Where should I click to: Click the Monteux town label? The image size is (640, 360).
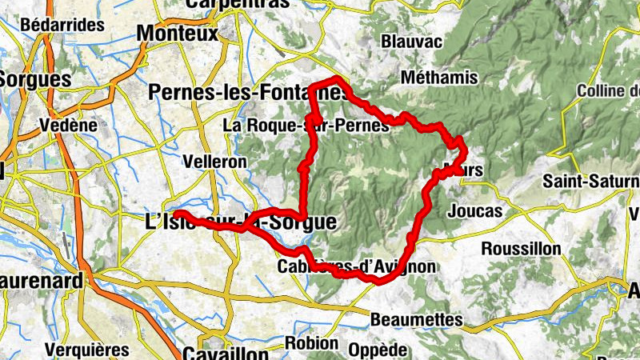click(x=178, y=34)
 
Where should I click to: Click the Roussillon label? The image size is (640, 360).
click(x=521, y=249)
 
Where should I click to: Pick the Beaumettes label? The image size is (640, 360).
click(x=417, y=320)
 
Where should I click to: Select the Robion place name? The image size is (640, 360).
click(x=311, y=343)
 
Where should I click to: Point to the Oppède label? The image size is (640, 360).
click(x=378, y=350)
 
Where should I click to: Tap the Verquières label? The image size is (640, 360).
click(x=87, y=350)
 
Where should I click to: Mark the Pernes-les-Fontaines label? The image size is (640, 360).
click(x=248, y=93)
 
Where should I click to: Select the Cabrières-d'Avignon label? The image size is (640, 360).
click(x=357, y=266)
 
